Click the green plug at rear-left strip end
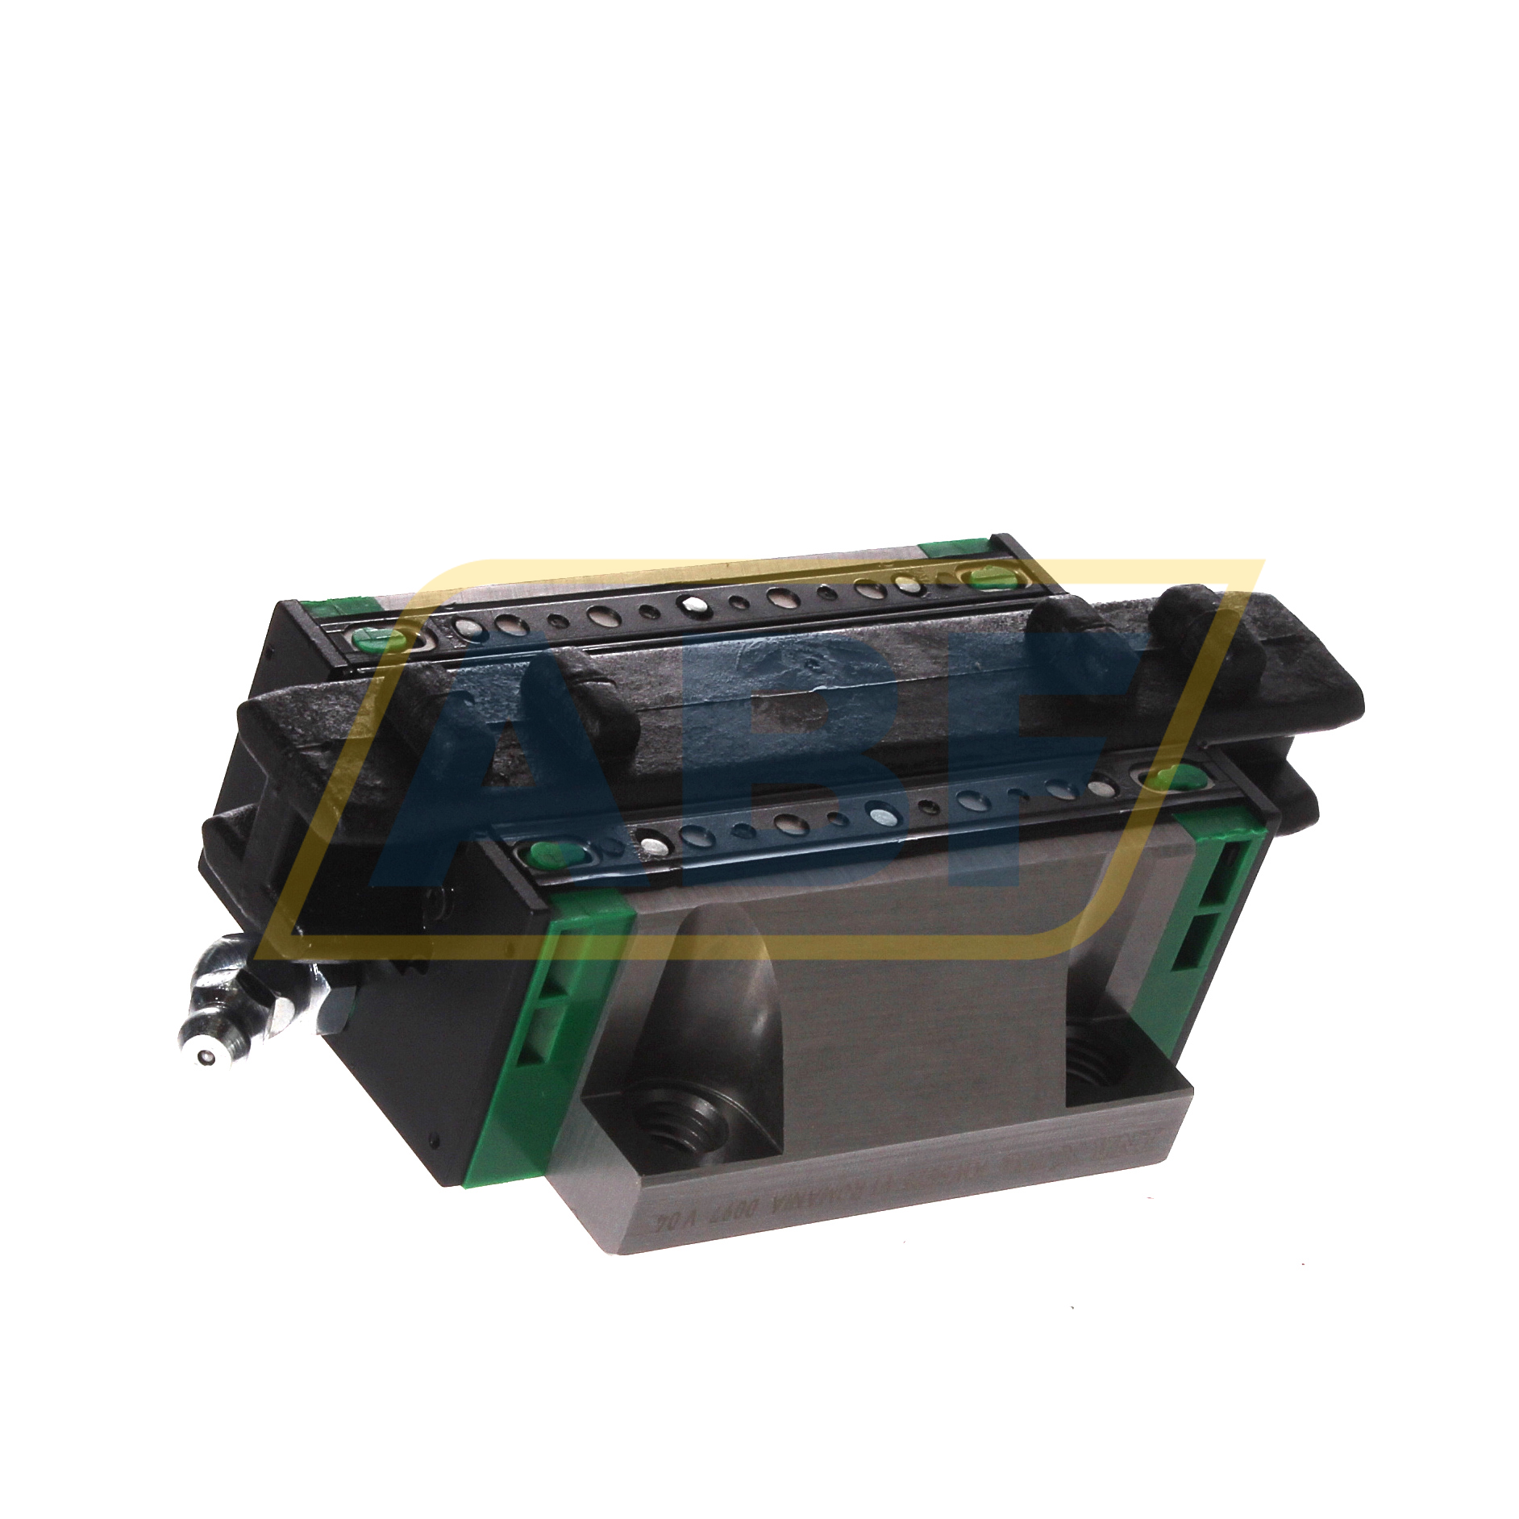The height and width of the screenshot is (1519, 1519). tap(389, 640)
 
